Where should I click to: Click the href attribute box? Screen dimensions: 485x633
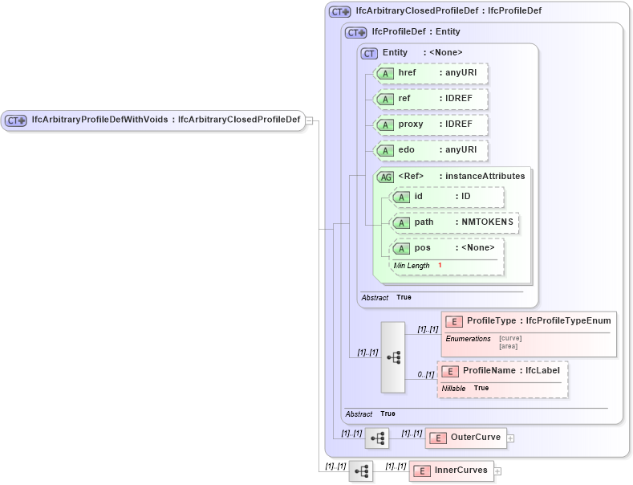[x=432, y=73]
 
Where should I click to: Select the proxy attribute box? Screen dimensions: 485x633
[x=432, y=124]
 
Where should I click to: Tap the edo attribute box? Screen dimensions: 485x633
[x=432, y=150]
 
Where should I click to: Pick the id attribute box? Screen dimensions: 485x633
[x=448, y=197]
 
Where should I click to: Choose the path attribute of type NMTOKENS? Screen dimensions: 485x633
[x=454, y=222]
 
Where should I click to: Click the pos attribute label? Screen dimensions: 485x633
[x=423, y=247]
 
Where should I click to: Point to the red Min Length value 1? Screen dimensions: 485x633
[x=440, y=265]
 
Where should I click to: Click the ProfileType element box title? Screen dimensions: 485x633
[x=530, y=321]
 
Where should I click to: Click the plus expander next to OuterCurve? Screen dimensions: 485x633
[x=510, y=438]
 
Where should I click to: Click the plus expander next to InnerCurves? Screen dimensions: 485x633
[x=497, y=471]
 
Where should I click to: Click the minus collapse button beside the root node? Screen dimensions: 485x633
[x=310, y=121]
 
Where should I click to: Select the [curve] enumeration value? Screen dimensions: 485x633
[x=510, y=338]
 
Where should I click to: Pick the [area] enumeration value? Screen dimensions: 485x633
[x=508, y=346]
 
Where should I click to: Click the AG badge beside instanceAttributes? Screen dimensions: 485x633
[x=386, y=177]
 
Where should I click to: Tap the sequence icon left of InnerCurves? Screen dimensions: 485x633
[x=361, y=471]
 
